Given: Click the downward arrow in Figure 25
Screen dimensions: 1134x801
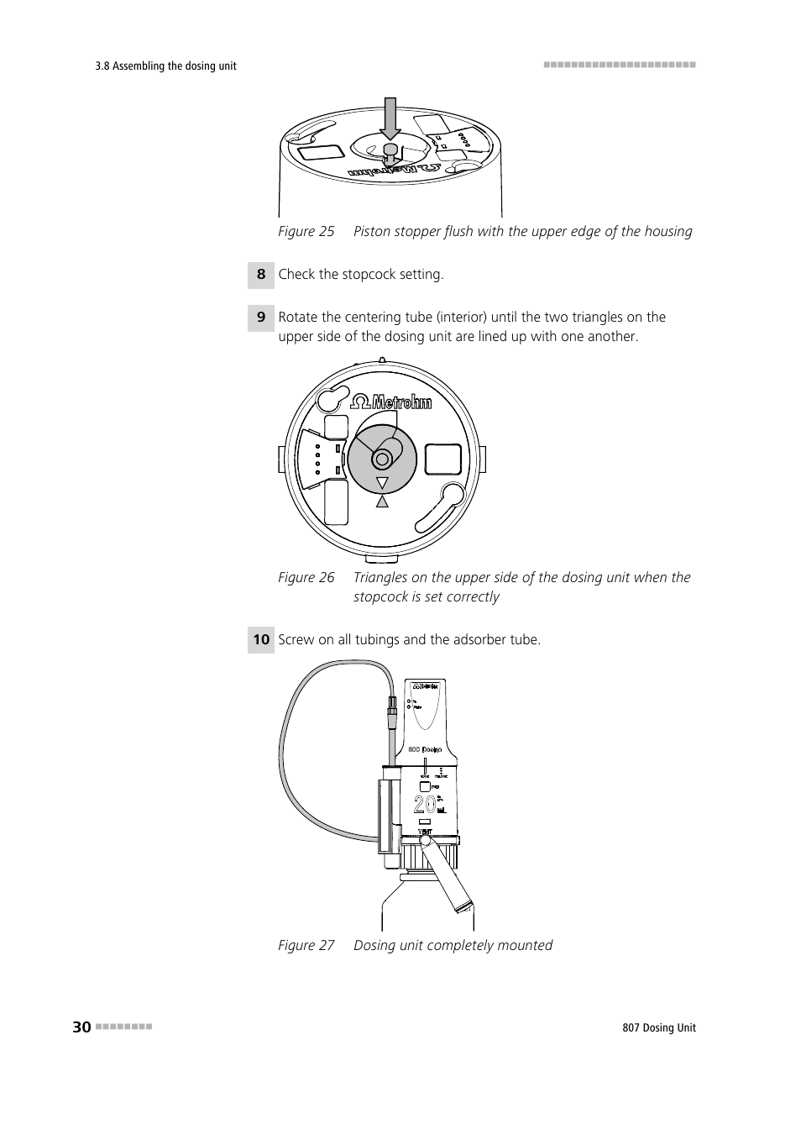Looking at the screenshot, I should click(390, 118).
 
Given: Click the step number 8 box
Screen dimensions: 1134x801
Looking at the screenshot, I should click(261, 275).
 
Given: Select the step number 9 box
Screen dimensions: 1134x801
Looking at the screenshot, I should click(261, 318).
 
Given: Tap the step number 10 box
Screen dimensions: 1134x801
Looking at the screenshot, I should click(261, 640).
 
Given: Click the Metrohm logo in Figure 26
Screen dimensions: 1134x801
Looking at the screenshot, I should click(391, 402).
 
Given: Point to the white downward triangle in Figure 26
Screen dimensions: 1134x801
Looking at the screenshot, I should click(383, 484).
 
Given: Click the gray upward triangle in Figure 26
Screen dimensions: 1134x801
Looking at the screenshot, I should click(383, 501).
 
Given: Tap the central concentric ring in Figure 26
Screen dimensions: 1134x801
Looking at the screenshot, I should click(383, 459).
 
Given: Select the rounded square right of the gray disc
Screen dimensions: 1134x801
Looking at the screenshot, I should click(443, 459).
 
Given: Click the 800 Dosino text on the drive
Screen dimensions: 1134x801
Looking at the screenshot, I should click(425, 748).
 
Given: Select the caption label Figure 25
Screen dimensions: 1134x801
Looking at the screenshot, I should click(306, 232).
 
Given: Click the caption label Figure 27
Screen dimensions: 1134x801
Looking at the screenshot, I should click(306, 946).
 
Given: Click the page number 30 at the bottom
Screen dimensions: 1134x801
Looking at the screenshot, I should click(81, 1027).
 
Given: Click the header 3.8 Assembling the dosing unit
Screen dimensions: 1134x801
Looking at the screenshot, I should click(166, 66).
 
